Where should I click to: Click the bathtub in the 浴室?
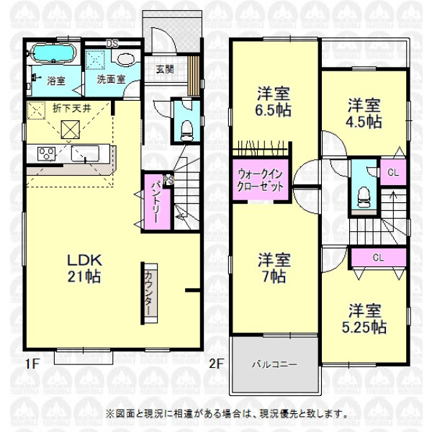tap(53, 53)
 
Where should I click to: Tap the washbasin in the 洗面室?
tap(126, 59)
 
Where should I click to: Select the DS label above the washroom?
tap(112, 43)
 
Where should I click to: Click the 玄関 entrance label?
tap(165, 69)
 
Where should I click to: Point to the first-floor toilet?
tap(186, 130)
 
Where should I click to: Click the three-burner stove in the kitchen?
tap(46, 154)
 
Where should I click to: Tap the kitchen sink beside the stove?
tap(85, 153)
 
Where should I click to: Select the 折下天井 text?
tap(72, 108)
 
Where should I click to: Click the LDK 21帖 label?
tap(84, 268)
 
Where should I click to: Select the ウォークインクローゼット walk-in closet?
tap(261, 180)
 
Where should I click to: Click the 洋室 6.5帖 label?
tap(274, 102)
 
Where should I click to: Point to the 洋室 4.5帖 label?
tap(364, 113)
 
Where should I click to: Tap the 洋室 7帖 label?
tap(274, 268)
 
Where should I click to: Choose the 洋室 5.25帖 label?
tap(364, 319)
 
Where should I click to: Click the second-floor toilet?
tap(364, 197)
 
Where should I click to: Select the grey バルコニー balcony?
tap(275, 364)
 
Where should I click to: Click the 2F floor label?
tap(216, 364)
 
